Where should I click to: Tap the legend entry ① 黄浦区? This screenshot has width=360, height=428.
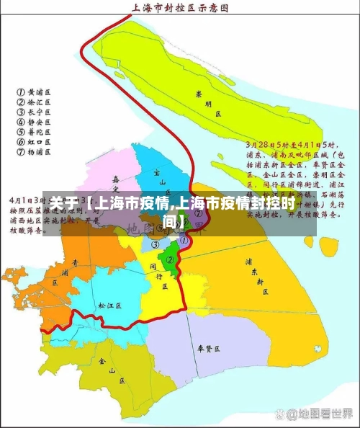(35, 92)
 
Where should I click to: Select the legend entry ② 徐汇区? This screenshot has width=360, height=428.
(35, 102)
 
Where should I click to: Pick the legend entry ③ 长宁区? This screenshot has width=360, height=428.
(35, 112)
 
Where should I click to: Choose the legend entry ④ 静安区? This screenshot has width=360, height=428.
(35, 122)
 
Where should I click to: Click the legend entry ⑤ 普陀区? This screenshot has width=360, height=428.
(35, 133)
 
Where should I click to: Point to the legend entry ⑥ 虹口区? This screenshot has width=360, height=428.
(35, 143)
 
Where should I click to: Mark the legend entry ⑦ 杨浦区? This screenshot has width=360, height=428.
(35, 153)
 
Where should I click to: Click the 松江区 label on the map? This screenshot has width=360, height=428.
(109, 306)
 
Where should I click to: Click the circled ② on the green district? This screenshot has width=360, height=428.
(170, 259)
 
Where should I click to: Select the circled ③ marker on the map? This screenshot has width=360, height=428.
(155, 244)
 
